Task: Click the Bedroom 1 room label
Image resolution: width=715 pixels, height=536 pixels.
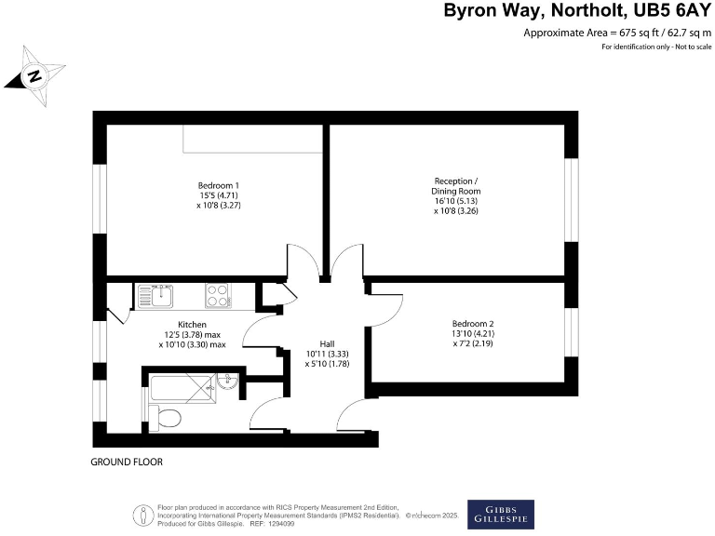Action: (x=219, y=184)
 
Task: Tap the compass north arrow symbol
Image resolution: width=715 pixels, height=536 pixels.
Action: (x=34, y=75)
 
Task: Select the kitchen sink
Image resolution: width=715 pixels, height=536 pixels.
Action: (x=155, y=297)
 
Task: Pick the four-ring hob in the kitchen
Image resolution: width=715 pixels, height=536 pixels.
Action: (x=217, y=296)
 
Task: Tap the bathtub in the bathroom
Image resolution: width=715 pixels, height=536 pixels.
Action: (x=182, y=384)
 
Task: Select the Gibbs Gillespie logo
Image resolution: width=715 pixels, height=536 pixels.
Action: (x=501, y=514)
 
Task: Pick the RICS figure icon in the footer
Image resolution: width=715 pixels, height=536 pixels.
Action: (x=142, y=514)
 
